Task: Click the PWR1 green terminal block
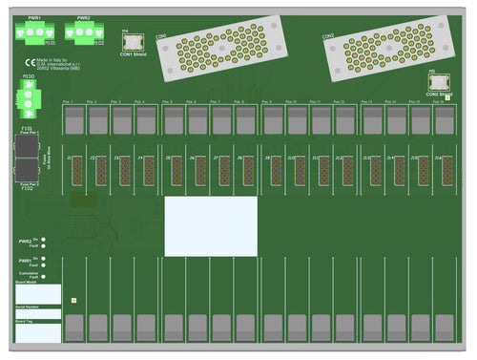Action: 34,32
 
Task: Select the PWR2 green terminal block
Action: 84,32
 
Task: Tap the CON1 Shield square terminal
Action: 133,43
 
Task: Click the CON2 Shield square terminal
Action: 439,84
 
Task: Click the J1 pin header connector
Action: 75,170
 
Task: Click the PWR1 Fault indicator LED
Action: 44,266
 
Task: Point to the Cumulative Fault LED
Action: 44,277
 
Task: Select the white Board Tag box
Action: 37,331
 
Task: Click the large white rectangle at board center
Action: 211,226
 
